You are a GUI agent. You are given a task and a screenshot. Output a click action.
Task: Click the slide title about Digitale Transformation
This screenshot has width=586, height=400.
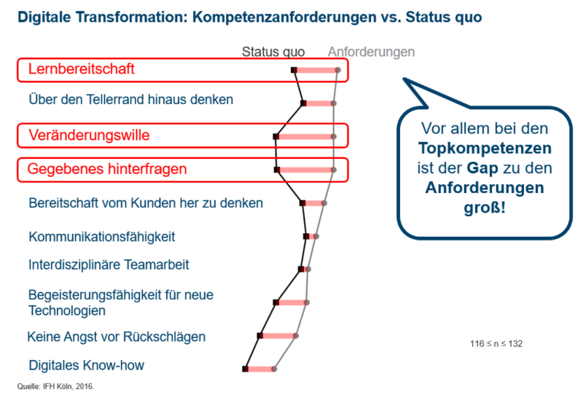pos(250,17)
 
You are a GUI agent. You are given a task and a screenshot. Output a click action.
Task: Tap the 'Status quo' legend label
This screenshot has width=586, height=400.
pos(273,52)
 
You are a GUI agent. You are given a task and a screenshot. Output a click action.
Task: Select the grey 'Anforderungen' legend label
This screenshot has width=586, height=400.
pos(371,52)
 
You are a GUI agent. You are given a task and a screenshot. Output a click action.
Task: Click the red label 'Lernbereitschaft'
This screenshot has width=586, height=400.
pos(81,69)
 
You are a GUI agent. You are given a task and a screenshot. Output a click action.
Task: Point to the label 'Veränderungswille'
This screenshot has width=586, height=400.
pos(89,136)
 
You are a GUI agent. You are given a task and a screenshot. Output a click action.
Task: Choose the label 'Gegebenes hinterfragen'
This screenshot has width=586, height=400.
pos(107,169)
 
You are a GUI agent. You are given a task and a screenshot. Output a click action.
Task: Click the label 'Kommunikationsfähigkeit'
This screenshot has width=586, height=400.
pos(101,237)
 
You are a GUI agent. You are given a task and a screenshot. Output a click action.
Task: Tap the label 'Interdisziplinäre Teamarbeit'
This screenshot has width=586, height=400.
pos(109,264)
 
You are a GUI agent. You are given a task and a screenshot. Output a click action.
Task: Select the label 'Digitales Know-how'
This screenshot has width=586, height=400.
pos(86,365)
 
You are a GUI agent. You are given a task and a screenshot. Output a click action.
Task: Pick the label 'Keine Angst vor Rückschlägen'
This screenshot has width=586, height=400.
pos(116,337)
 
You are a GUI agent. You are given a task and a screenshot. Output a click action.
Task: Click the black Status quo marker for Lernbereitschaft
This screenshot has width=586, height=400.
pos(294,70)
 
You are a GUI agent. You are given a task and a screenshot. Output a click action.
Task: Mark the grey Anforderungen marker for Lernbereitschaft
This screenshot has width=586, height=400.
pos(338,70)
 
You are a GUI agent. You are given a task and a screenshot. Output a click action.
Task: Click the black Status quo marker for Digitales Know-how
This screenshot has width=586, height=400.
pos(245,369)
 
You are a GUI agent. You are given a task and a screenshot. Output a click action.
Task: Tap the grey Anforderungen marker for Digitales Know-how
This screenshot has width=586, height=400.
pos(274,369)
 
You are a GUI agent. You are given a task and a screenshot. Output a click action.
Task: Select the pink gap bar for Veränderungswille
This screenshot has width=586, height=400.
pos(305,137)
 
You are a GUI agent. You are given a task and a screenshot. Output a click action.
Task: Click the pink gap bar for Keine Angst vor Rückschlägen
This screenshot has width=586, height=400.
pos(278,336)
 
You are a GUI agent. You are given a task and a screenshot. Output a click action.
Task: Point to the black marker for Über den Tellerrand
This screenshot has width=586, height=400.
pos(303,103)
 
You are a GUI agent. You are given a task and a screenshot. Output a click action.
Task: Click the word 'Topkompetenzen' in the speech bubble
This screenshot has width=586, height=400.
pos(485,149)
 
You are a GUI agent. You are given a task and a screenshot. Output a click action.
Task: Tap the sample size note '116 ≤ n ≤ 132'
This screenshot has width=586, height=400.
pos(496,344)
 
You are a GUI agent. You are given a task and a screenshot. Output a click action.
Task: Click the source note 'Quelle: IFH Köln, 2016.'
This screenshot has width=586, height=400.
pos(55,387)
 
